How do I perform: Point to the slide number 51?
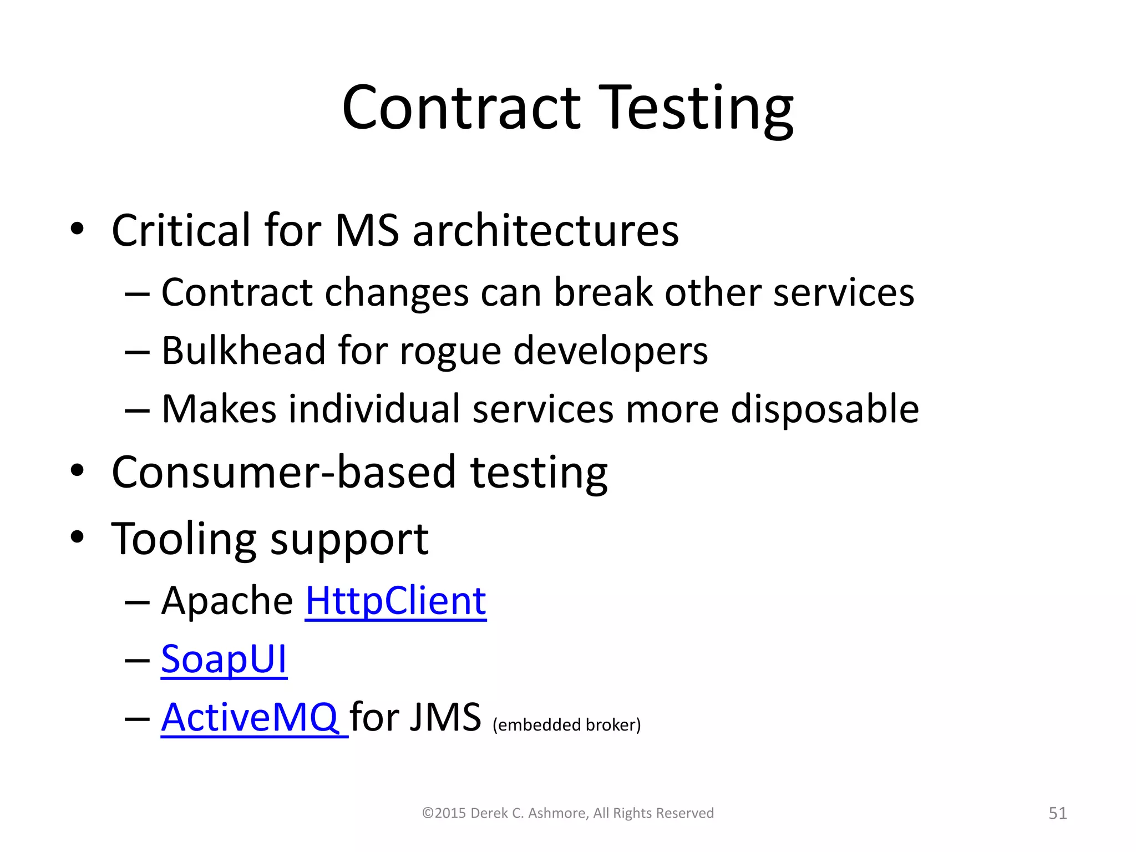point(1058,813)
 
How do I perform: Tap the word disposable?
point(825,409)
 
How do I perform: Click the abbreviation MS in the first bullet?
point(367,230)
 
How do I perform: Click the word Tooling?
point(184,539)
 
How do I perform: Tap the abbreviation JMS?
point(445,717)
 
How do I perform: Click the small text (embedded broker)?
point(566,725)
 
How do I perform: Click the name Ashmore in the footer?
point(557,813)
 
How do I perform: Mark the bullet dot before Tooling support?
point(77,537)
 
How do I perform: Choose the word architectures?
point(546,230)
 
